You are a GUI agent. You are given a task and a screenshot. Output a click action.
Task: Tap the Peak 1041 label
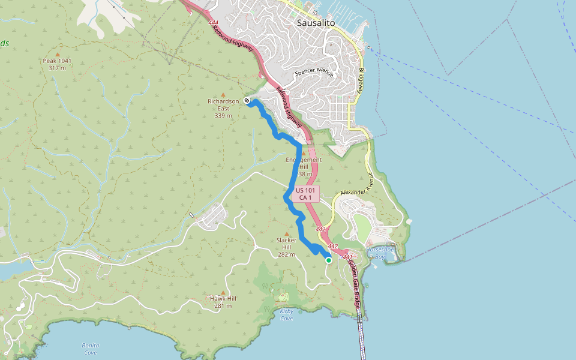coord(57,61)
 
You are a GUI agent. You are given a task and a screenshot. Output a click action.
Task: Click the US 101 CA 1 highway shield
coord(306,193)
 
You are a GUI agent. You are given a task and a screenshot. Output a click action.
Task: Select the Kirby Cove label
coord(286,314)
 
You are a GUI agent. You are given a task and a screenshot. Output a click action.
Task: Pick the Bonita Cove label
coord(90,349)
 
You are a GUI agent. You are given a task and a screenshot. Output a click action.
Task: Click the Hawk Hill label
coord(223,298)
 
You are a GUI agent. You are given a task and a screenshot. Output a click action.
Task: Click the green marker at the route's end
coord(329,260)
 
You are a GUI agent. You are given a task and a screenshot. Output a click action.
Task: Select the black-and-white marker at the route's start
coord(247,101)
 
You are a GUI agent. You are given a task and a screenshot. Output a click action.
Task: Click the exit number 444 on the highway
coord(214,23)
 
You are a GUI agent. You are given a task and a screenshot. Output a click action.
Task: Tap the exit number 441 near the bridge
coord(346,257)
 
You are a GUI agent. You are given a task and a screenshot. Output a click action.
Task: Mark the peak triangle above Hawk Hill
coord(223,292)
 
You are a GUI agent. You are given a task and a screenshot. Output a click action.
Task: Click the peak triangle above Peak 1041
coord(57,54)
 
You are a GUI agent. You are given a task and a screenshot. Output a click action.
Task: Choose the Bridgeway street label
coord(361,78)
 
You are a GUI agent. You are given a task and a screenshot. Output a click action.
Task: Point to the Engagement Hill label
coord(304,160)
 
